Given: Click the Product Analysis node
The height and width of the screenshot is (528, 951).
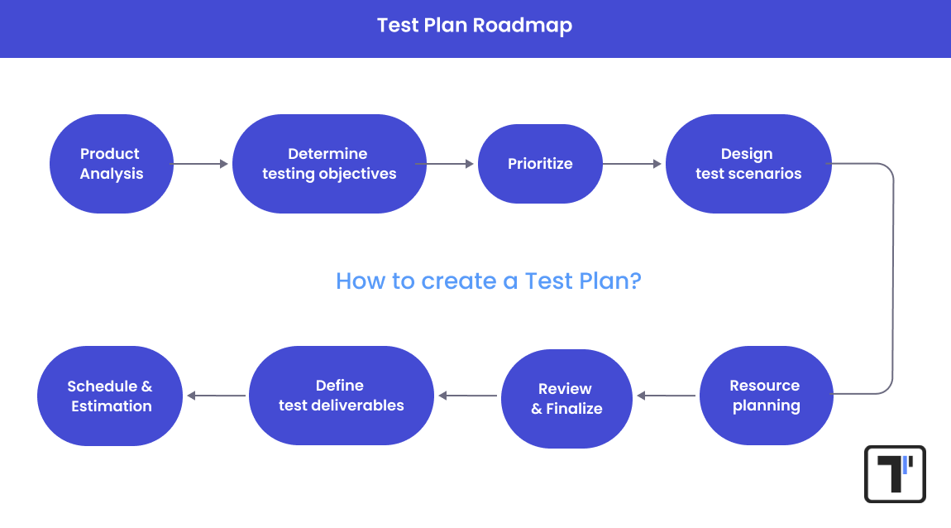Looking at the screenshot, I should [111, 164].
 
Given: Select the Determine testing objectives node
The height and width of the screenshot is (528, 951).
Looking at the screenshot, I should [329, 164].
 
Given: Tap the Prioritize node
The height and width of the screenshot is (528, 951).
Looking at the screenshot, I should [540, 164].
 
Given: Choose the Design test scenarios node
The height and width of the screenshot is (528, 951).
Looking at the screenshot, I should [748, 164].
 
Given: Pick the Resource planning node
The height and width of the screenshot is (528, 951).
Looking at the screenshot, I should [766, 396].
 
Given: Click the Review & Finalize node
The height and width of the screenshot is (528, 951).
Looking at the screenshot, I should [566, 398].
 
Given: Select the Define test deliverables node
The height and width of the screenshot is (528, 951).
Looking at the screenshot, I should [341, 396].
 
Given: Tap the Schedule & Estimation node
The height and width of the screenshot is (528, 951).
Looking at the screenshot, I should [110, 396].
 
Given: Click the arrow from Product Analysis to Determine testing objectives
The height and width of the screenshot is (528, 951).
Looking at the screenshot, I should [201, 164].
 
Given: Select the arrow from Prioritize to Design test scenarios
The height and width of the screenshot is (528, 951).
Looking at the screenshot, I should [633, 164].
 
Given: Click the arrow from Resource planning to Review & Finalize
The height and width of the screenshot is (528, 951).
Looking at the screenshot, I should [667, 396].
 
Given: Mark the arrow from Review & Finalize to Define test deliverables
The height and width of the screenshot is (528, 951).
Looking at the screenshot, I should [469, 396].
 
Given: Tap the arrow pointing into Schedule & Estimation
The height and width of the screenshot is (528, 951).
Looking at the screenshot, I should [217, 396].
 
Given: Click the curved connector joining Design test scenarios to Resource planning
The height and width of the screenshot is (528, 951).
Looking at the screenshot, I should [893, 280].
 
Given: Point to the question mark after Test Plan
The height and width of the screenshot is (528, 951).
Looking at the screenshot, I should [634, 281].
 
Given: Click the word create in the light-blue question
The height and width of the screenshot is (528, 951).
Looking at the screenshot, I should [459, 281].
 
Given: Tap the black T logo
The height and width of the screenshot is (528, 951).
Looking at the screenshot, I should [895, 474].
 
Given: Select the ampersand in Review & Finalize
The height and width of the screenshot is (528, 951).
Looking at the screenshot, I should [537, 409].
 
